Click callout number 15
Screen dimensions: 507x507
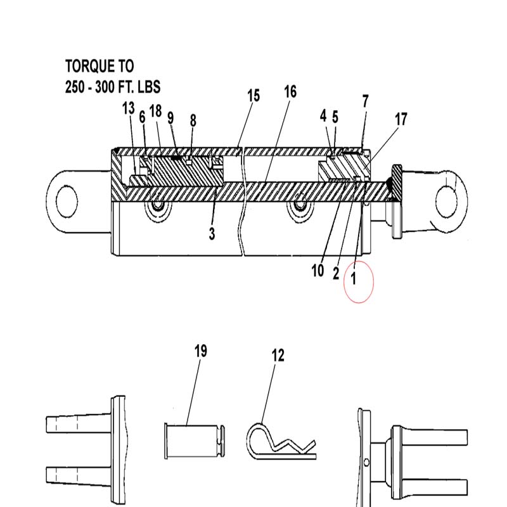[253, 96]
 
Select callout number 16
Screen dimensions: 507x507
[290, 92]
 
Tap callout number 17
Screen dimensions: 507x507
[401, 119]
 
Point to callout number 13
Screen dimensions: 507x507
[129, 108]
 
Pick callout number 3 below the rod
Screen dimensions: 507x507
[212, 234]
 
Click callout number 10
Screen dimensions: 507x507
[318, 271]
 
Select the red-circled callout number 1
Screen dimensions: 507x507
[354, 278]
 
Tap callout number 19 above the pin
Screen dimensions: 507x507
[200, 351]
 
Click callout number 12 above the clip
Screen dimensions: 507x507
[278, 356]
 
